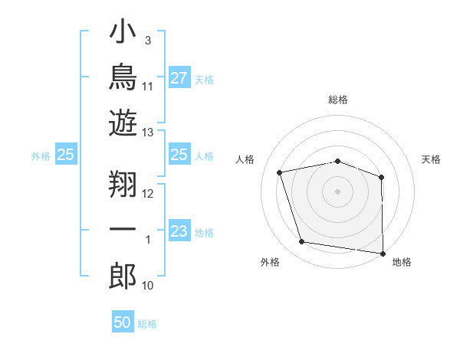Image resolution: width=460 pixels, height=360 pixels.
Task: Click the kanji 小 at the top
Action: [123, 31]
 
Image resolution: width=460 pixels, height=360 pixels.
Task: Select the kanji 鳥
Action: [123, 77]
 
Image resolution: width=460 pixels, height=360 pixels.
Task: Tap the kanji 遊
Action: [123, 123]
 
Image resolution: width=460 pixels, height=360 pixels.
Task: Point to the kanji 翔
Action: [123, 184]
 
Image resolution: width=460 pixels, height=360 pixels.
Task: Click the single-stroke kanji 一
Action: [123, 229]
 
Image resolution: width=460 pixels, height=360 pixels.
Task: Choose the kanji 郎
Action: [123, 276]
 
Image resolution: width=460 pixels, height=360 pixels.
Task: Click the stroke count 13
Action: [147, 133]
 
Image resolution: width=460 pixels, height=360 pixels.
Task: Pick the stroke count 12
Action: [147, 194]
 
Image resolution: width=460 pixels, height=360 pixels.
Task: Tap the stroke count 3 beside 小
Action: [148, 41]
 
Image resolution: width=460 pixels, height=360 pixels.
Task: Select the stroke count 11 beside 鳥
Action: [147, 87]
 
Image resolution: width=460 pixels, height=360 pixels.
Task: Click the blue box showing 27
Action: [179, 77]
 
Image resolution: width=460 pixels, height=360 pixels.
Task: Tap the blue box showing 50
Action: [123, 321]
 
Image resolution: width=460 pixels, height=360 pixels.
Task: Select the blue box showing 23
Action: [179, 230]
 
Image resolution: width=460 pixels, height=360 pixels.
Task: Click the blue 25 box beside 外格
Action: [66, 154]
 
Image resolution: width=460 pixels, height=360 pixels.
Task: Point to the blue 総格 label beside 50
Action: [147, 324]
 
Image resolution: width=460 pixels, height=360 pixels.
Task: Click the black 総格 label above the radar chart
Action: [338, 100]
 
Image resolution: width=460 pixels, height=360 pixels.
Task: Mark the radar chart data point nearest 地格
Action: [383, 254]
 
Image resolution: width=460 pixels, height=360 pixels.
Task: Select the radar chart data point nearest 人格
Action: [279, 172]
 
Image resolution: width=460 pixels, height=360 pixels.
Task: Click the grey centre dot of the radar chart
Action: [337, 191]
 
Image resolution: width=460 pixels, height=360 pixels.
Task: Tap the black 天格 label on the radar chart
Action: [431, 159]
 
